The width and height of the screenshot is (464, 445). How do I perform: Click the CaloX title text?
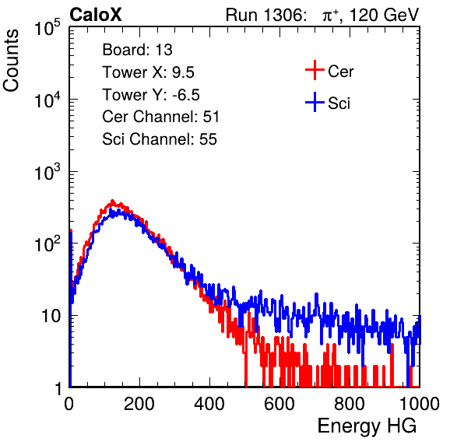tap(96, 15)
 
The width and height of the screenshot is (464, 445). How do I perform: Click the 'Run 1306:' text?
tap(265, 15)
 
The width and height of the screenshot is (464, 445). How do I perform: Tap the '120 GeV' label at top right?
tap(385, 15)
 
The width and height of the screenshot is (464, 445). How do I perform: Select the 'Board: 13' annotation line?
tap(137, 50)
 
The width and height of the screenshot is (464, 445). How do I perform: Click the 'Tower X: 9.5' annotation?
tap(148, 72)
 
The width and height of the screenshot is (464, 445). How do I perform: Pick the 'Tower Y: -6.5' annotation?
tap(151, 95)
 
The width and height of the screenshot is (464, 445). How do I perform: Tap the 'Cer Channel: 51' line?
tap(160, 117)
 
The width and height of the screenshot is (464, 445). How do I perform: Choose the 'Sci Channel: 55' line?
tap(160, 139)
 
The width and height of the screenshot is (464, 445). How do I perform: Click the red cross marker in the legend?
tap(315, 70)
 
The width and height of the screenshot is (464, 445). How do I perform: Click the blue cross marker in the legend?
tap(315, 102)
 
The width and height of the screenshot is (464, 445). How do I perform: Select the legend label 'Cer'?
tap(340, 72)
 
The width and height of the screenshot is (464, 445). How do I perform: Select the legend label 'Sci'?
tap(339, 103)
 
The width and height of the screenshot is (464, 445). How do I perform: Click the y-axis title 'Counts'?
tap(11, 61)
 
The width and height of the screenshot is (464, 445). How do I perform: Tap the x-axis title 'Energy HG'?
tap(367, 426)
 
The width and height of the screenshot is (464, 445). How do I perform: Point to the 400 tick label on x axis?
tap(209, 404)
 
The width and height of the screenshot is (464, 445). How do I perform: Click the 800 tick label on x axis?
tap(350, 404)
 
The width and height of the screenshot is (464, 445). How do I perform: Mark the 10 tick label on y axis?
tap(51, 316)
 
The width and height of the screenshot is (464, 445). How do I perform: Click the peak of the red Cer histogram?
tap(112, 201)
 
